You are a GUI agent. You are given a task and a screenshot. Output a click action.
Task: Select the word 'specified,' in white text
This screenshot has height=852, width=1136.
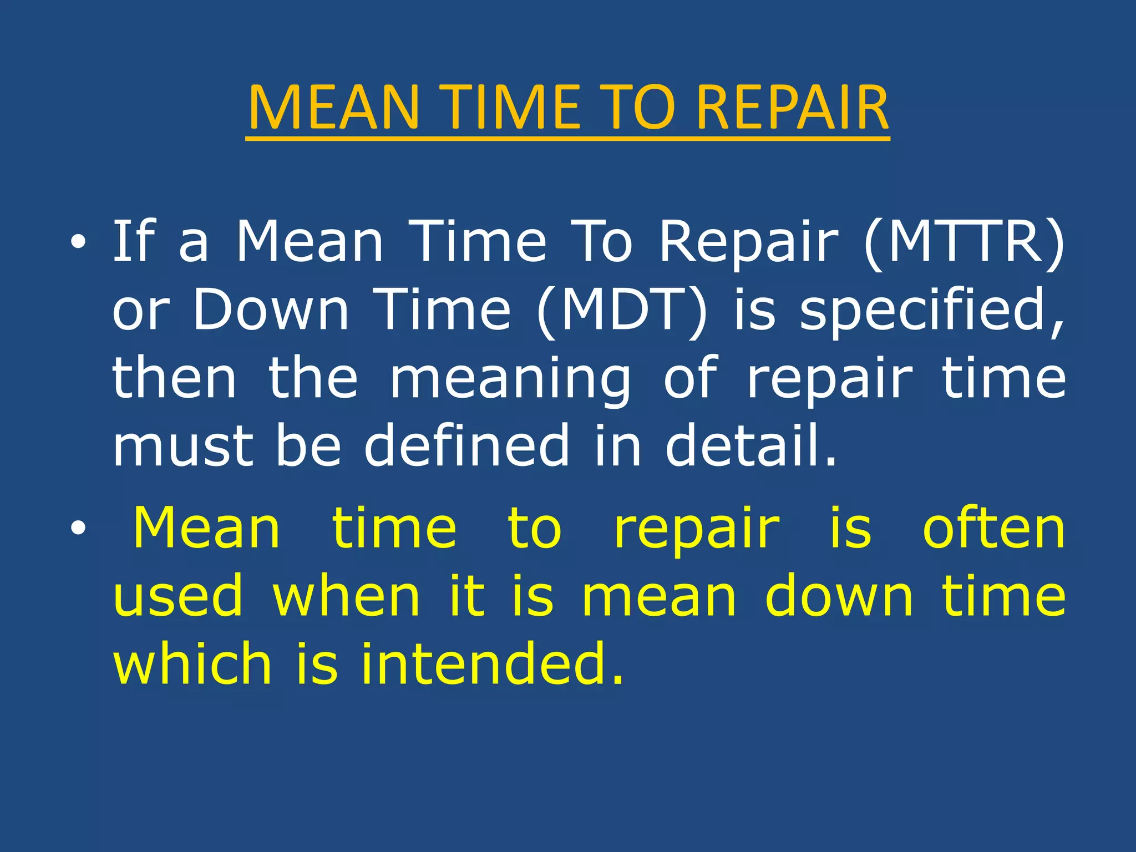[932, 310]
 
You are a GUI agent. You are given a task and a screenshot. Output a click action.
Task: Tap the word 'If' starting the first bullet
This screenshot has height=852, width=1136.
[134, 242]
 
